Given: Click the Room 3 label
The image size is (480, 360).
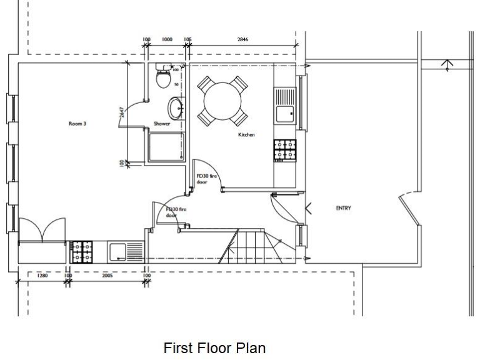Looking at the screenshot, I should click(x=77, y=124).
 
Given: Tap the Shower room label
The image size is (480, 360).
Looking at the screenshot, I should click(x=162, y=124).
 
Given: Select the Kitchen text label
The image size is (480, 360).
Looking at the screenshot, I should click(x=246, y=135).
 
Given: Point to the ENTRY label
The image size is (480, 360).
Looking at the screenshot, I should click(x=343, y=208).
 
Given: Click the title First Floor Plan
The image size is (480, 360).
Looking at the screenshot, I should click(x=214, y=347).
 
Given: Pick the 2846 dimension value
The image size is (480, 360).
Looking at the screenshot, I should click(x=242, y=39).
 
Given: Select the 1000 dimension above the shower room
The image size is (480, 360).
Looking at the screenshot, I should click(x=167, y=39).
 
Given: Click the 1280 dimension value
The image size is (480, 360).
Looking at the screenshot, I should click(x=42, y=275).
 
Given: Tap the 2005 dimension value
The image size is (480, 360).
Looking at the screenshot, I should click(x=107, y=275).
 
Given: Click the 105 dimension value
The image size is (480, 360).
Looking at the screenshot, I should click(x=187, y=39).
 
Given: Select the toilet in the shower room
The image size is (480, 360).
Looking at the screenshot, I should click(x=163, y=77).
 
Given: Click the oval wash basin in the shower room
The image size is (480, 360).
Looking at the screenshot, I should click(x=176, y=107).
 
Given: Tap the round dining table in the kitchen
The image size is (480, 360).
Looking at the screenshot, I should click(x=222, y=99).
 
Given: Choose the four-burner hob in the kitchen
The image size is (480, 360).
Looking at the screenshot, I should click(x=284, y=150).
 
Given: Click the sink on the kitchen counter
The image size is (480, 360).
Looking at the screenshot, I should click(x=285, y=104).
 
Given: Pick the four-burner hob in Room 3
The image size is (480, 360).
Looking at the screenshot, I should click(x=81, y=252).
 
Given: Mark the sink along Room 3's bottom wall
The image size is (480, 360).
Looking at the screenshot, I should click(x=124, y=252).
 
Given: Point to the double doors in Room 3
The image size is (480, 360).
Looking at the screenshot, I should click(x=42, y=231).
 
